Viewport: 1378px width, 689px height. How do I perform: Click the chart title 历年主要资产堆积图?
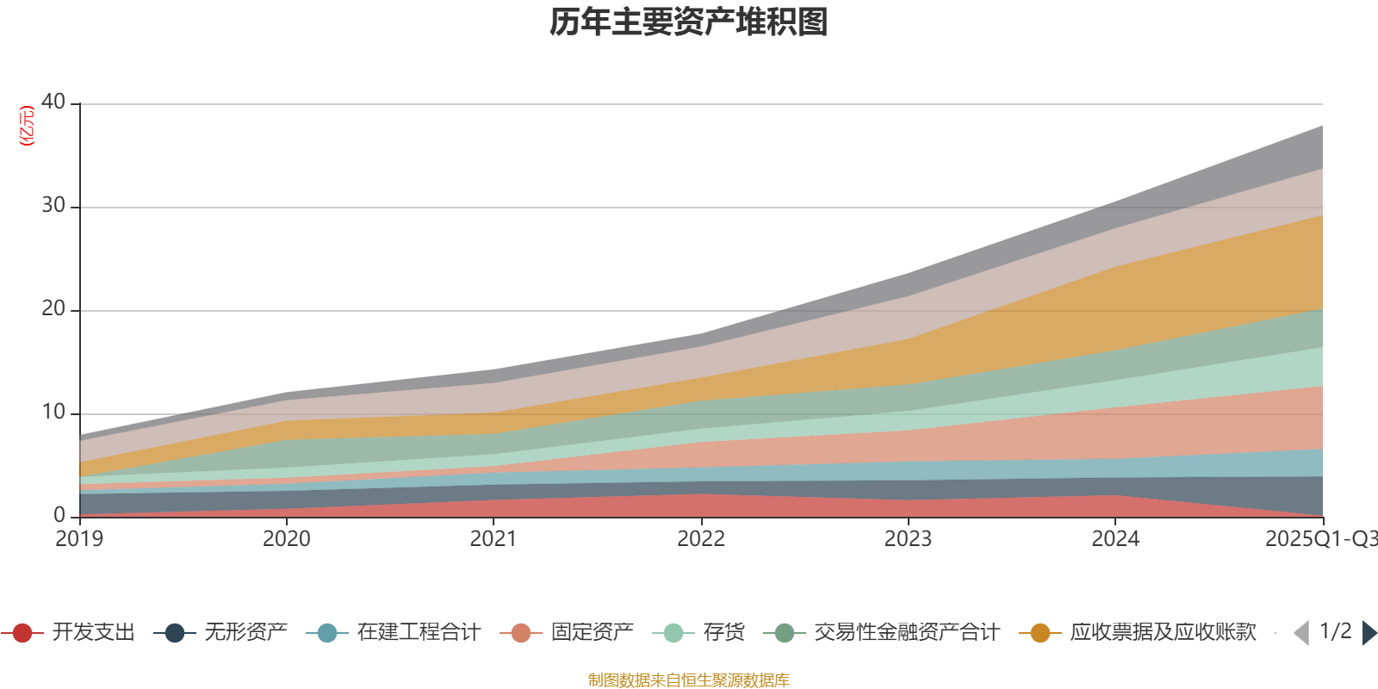(x=689, y=22)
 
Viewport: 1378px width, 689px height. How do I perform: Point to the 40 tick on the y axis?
(x=53, y=102)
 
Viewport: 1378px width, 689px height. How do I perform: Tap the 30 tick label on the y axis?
(x=53, y=206)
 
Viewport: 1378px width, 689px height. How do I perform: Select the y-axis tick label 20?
(x=53, y=309)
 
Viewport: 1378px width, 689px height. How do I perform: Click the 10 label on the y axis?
(x=53, y=413)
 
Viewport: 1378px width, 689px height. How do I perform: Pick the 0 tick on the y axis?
(x=59, y=516)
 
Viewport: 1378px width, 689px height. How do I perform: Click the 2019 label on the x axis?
(x=79, y=539)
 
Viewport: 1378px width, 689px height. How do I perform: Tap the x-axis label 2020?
(x=287, y=539)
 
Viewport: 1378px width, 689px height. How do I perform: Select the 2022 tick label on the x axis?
(x=701, y=539)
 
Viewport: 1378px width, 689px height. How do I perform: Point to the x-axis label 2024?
(x=1115, y=539)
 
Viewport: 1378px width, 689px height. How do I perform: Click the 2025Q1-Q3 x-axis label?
(x=1319, y=539)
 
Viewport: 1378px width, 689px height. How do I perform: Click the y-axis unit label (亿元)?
(x=27, y=126)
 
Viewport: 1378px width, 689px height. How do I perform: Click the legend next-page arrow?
(x=1369, y=633)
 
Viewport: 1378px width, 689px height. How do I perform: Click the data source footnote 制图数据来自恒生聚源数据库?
(x=689, y=680)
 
